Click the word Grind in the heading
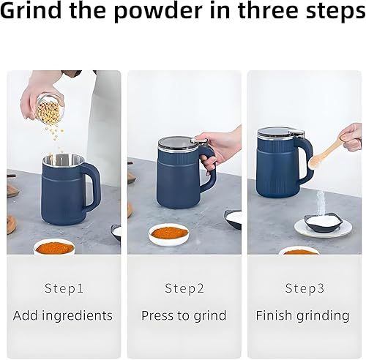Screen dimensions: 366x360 pyautogui.click(x=31, y=10)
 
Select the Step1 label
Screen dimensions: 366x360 pyautogui.click(x=64, y=288)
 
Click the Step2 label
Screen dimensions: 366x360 pyautogui.click(x=184, y=288)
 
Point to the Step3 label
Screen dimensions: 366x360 pyautogui.click(x=305, y=288)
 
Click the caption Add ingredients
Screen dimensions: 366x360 pyautogui.click(x=63, y=315)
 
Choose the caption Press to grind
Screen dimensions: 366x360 pyautogui.click(x=184, y=315)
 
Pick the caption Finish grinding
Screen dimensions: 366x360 pyautogui.click(x=302, y=315)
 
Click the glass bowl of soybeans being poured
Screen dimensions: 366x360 pyautogui.click(x=51, y=109)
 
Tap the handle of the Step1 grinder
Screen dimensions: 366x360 pyautogui.click(x=94, y=185)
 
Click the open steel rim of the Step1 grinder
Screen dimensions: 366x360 pyautogui.click(x=63, y=160)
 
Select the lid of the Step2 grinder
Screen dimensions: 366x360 pyautogui.click(x=175, y=144)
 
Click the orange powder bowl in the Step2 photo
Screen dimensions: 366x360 pyautogui.click(x=169, y=234)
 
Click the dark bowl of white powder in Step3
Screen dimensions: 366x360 pyautogui.click(x=324, y=222)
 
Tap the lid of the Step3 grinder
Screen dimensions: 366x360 pyautogui.click(x=277, y=135)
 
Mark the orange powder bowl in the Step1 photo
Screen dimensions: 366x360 pyautogui.click(x=55, y=247)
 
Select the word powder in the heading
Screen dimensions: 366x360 pyautogui.click(x=158, y=11)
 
